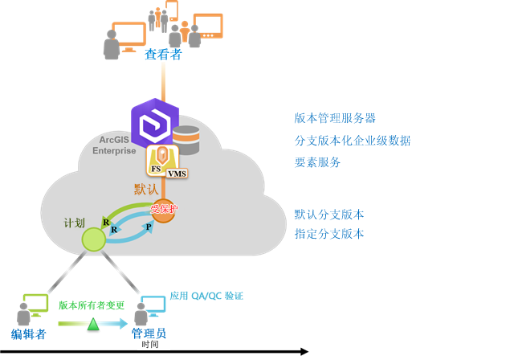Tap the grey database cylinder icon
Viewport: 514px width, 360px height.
186,140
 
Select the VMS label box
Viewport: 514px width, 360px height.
177,173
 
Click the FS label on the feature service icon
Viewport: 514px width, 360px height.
156,169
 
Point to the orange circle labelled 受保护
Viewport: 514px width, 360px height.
163,210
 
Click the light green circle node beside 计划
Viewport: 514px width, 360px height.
93,239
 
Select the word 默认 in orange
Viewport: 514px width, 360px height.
146,189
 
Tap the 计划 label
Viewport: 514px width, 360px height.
74,223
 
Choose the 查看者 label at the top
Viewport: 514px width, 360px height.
163,55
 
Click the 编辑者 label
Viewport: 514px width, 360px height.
28,334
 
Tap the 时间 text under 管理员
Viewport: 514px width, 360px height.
149,345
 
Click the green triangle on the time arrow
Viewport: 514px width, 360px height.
93,323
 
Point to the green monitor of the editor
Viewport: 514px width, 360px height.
36,303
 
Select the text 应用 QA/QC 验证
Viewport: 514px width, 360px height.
206,296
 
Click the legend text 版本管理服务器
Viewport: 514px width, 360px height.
335,118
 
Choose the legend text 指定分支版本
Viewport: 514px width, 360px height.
329,234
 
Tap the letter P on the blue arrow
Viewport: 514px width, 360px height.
148,227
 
